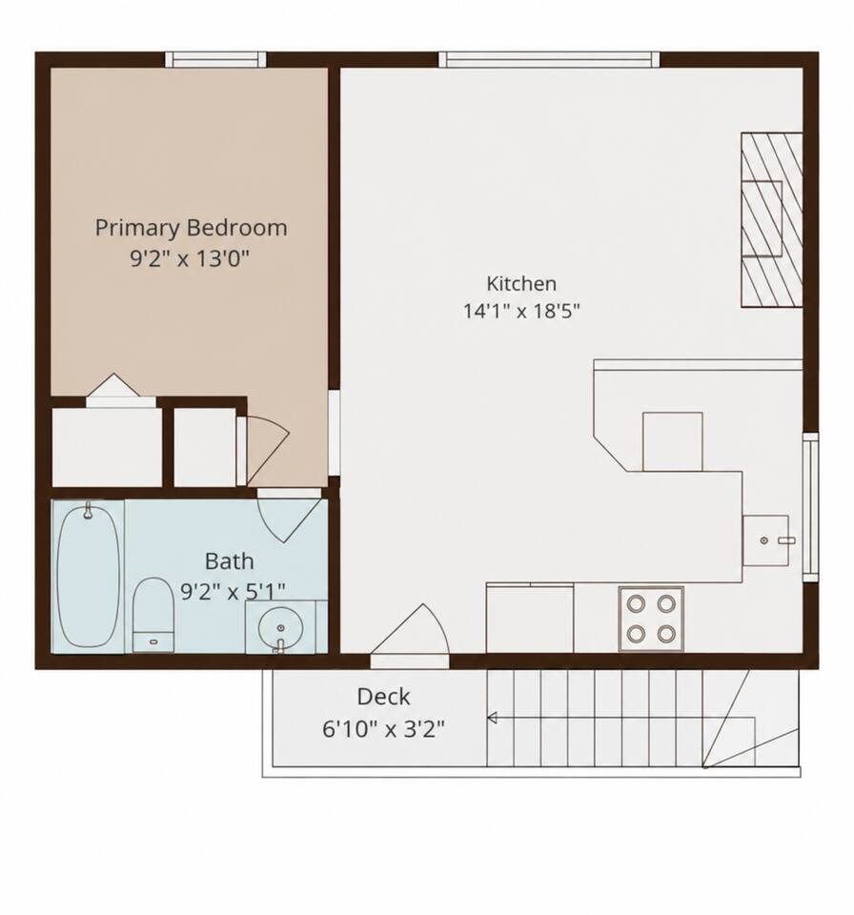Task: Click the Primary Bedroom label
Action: coord(191,228)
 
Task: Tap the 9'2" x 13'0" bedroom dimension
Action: coord(190,257)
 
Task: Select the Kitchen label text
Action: coord(521,284)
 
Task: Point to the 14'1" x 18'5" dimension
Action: coord(521,311)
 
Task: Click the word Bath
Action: coord(230,561)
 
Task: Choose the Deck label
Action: coord(383,697)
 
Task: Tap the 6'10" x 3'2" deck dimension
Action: coord(383,729)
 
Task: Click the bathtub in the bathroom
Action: coord(89,576)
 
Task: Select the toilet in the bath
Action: coord(153,615)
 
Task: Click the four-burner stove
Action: coord(651,619)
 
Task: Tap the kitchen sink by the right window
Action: coord(765,540)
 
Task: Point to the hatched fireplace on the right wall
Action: coord(772,219)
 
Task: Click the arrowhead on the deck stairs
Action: coord(492,718)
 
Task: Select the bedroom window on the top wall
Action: coord(215,59)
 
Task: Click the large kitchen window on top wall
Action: coord(549,59)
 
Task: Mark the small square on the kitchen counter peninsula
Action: coord(673,441)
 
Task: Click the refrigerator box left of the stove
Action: coord(530,618)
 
